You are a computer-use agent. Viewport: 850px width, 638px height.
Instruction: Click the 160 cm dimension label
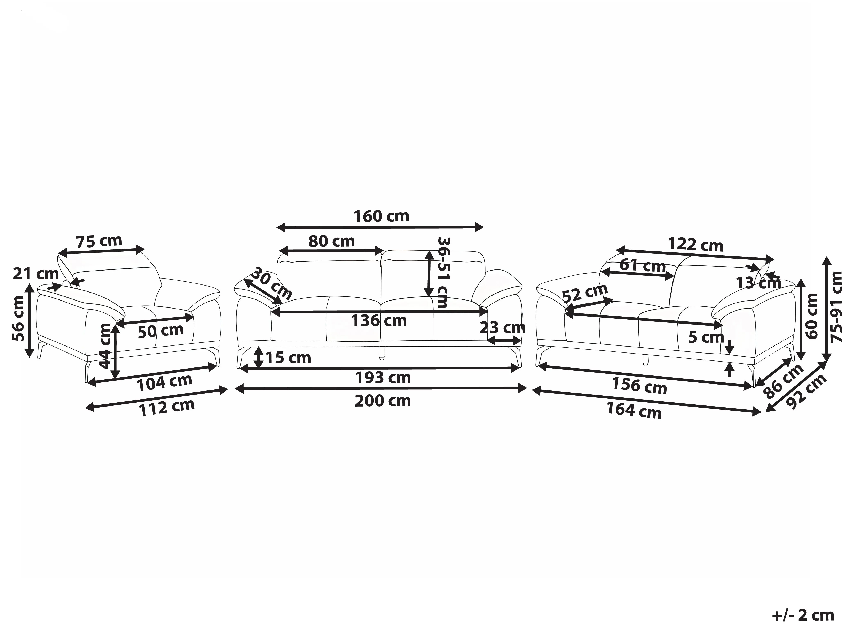click(381, 217)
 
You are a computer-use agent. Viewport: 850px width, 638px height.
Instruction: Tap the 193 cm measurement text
click(383, 378)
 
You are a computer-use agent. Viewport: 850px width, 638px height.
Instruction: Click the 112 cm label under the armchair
click(167, 408)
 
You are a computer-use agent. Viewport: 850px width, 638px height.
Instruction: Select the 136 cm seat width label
click(379, 320)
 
